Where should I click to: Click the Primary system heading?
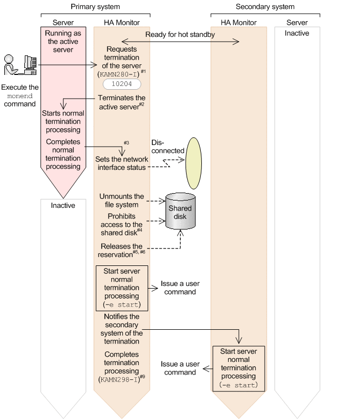pos(95,7)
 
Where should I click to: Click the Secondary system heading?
pos(265,7)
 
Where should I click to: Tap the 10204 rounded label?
pos(122,84)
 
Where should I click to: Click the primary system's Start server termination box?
pos(122,288)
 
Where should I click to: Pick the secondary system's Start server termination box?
pos(239,368)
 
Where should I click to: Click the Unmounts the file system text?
pos(122,201)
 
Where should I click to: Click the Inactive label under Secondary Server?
pos(297,33)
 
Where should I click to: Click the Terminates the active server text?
pos(122,102)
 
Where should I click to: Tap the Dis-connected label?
pos(168,147)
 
